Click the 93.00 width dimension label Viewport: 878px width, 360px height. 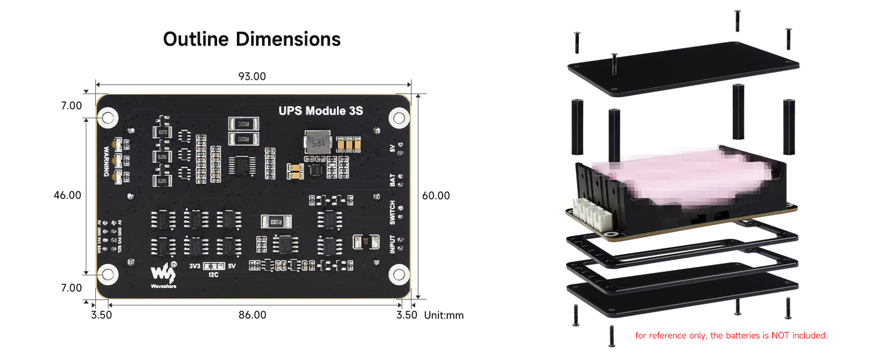point(252,76)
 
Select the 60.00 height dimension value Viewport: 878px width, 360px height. point(436,196)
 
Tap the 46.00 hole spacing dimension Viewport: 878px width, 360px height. point(67,196)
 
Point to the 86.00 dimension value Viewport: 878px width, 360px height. point(252,315)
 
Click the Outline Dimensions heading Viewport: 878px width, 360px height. point(252,40)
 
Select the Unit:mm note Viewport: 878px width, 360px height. point(444,315)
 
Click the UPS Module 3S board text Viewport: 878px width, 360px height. point(320,110)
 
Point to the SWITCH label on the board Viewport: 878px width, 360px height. point(392,214)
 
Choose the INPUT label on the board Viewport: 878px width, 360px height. point(392,244)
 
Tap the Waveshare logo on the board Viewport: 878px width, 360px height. point(163,275)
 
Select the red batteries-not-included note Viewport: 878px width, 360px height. point(731,335)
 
